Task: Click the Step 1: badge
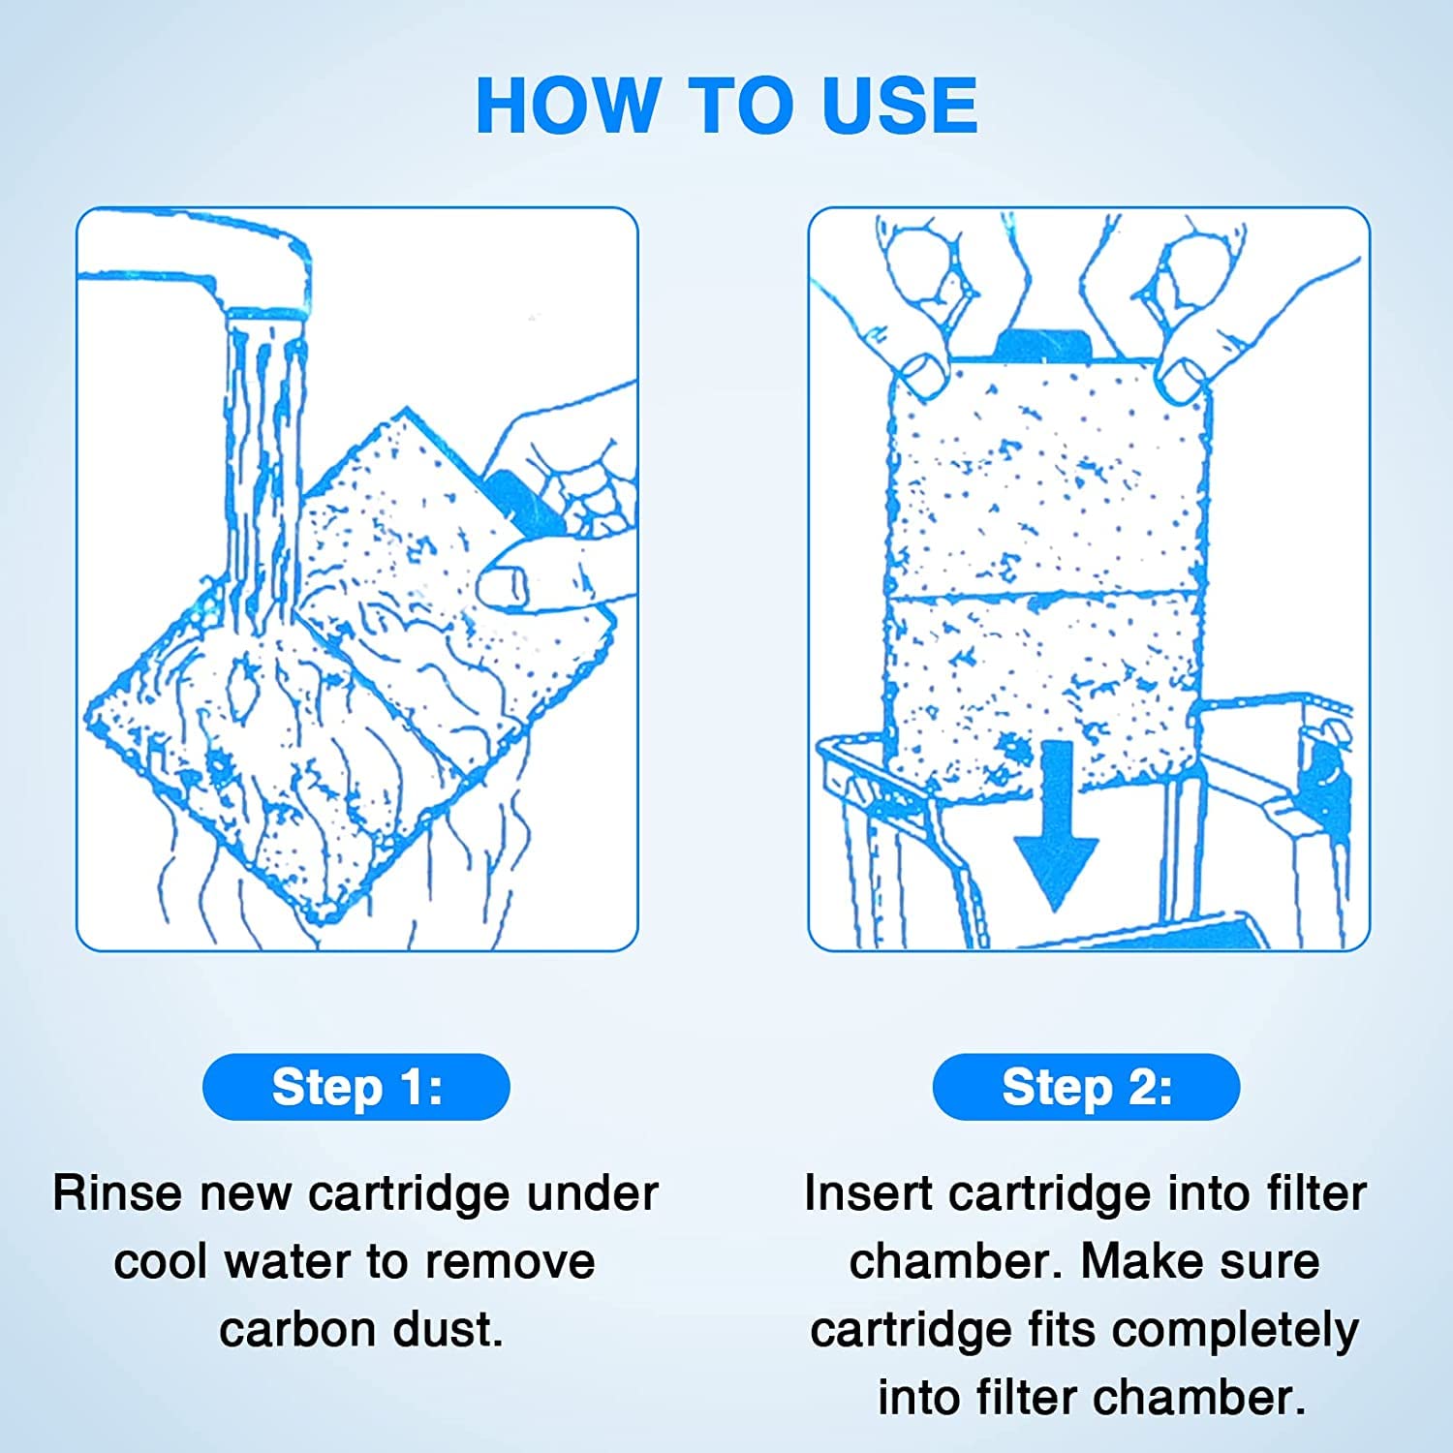(x=356, y=1087)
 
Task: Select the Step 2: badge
(x=1086, y=1087)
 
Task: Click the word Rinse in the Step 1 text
(x=117, y=1192)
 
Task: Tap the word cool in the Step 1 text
(x=161, y=1261)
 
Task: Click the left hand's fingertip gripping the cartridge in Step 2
(x=922, y=373)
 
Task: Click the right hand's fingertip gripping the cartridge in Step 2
(x=1183, y=378)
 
